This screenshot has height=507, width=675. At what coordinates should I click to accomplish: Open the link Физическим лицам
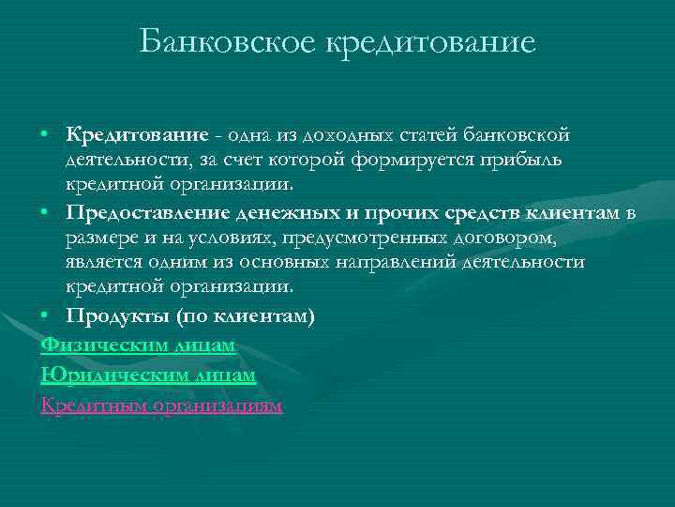click(138, 346)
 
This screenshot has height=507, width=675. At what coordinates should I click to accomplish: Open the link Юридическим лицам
click(148, 376)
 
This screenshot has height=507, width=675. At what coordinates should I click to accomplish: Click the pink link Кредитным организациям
click(161, 406)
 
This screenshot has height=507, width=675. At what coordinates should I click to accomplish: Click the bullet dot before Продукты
click(46, 316)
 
